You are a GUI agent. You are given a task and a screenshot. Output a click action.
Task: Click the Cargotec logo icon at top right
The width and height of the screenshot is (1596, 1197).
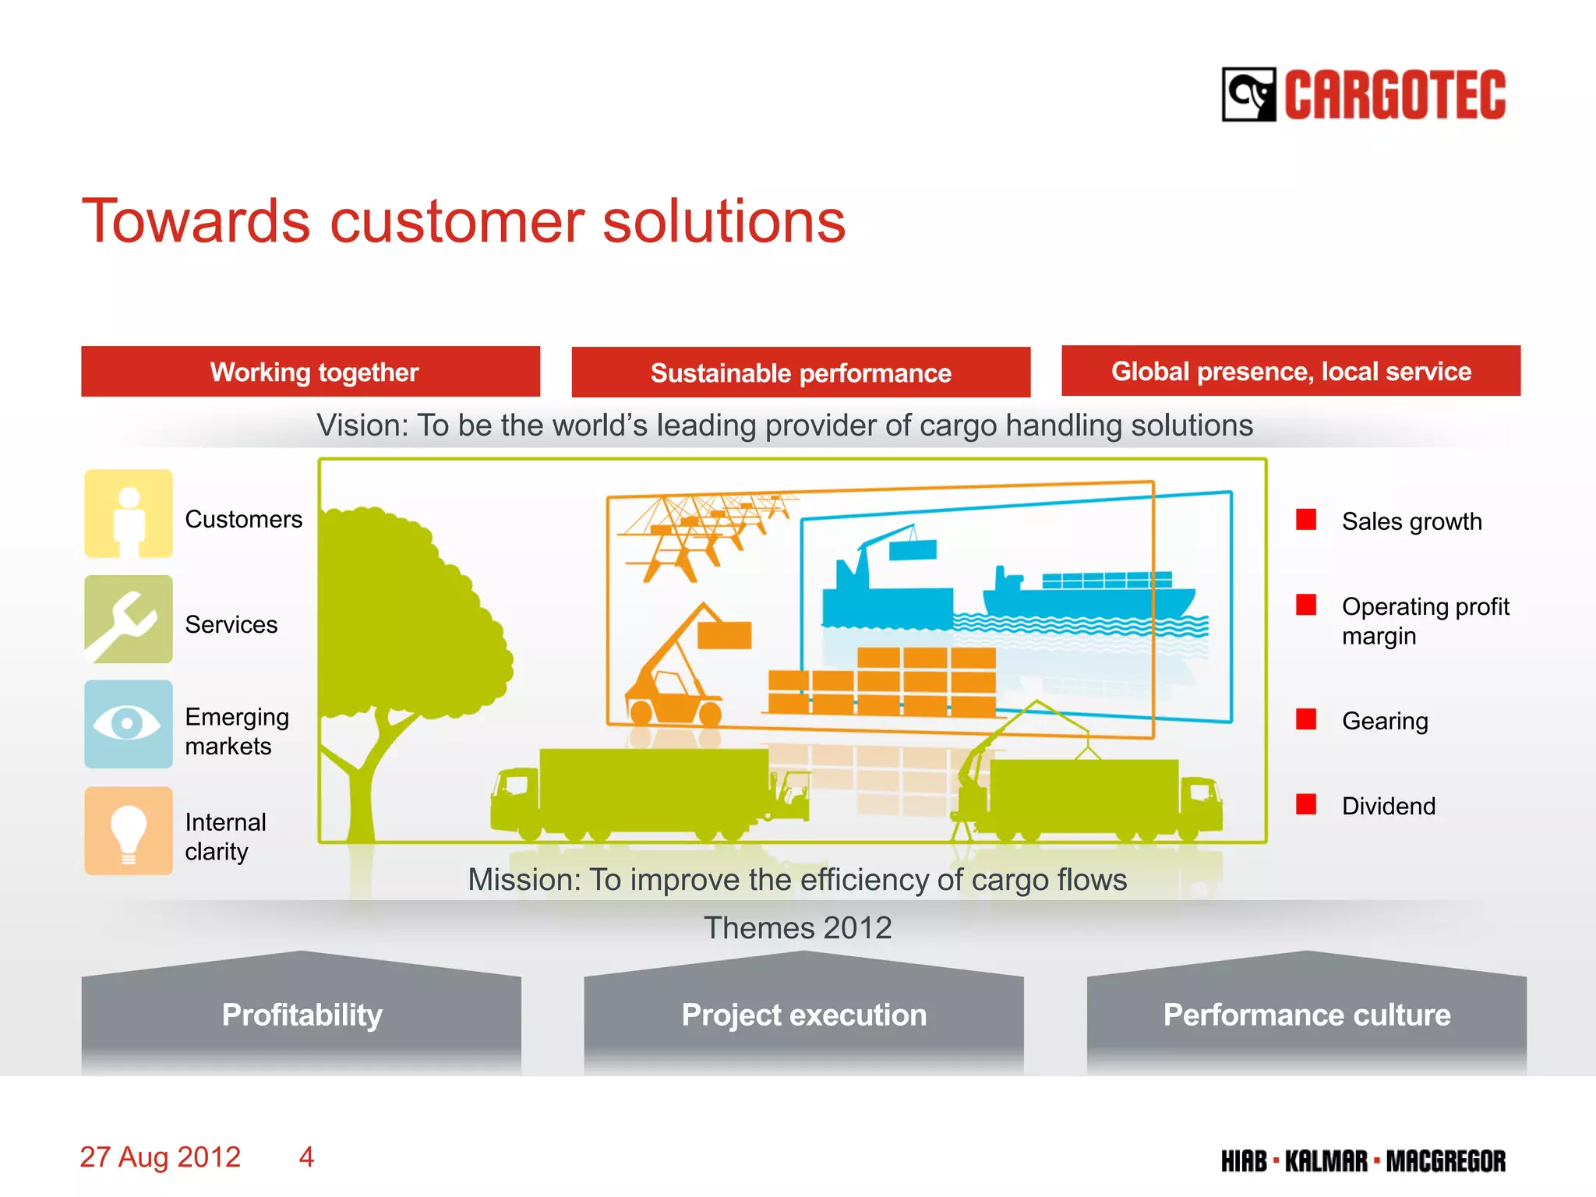click(1248, 94)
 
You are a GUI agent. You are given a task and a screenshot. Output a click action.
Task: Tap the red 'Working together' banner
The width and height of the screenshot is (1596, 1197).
click(310, 372)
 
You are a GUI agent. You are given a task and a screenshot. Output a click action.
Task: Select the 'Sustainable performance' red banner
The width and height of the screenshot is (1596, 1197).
click(800, 373)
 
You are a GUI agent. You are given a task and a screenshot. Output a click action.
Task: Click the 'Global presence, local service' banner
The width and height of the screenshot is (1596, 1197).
click(1291, 371)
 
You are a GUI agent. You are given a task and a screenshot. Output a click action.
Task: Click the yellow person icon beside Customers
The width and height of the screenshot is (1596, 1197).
click(129, 514)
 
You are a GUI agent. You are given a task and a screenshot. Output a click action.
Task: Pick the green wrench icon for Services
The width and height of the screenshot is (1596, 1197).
click(129, 620)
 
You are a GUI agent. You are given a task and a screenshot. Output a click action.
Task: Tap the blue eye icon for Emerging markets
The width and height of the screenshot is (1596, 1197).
click(129, 724)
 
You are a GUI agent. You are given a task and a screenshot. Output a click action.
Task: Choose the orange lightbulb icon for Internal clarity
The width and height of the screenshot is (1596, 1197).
click(129, 831)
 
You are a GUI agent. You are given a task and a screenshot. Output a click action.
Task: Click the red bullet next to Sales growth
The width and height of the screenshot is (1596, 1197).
click(1306, 520)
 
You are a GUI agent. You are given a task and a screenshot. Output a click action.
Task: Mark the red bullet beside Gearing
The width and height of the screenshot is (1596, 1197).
click(1306, 719)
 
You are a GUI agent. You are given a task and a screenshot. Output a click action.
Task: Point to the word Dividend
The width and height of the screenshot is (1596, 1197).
click(1388, 806)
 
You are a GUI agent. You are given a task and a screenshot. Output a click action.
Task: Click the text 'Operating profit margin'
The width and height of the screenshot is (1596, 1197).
click(1425, 621)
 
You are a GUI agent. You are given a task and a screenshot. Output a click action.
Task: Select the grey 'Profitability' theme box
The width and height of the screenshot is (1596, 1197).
click(302, 1015)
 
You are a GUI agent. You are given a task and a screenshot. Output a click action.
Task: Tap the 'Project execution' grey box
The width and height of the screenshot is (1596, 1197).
click(803, 1015)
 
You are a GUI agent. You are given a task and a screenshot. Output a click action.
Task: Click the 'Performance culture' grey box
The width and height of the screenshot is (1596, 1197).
click(1306, 1015)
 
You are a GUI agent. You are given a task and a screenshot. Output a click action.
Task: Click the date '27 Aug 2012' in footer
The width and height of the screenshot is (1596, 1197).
click(161, 1157)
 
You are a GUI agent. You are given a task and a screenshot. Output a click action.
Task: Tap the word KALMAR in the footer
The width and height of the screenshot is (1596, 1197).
click(1326, 1161)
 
